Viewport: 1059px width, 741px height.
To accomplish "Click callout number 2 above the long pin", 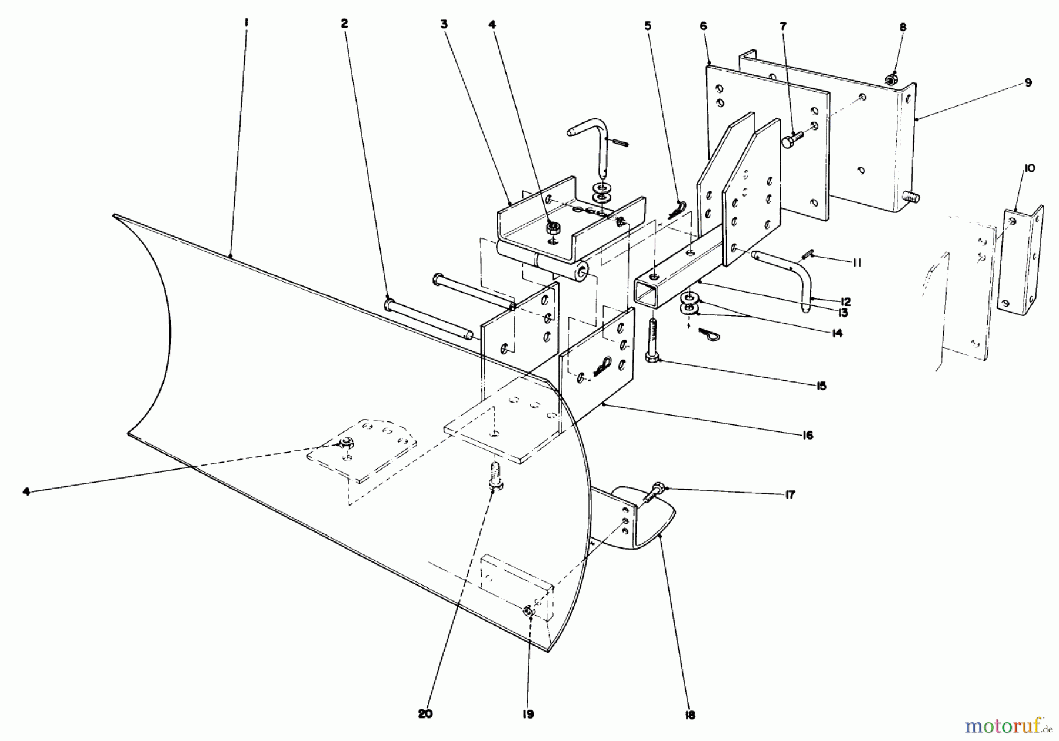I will click(x=344, y=24).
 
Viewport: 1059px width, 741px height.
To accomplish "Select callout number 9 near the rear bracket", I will click(x=1028, y=83).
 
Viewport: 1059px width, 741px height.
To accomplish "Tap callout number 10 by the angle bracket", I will click(x=1029, y=169).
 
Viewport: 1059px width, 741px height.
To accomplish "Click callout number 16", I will click(x=807, y=435).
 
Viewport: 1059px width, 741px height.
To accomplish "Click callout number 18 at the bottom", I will click(x=690, y=715).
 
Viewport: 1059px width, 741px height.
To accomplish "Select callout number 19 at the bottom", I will click(x=527, y=714).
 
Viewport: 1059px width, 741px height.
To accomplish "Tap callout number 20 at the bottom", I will click(x=425, y=714).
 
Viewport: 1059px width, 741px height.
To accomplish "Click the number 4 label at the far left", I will click(x=26, y=491).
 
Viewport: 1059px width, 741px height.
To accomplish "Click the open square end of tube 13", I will click(x=647, y=293).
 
